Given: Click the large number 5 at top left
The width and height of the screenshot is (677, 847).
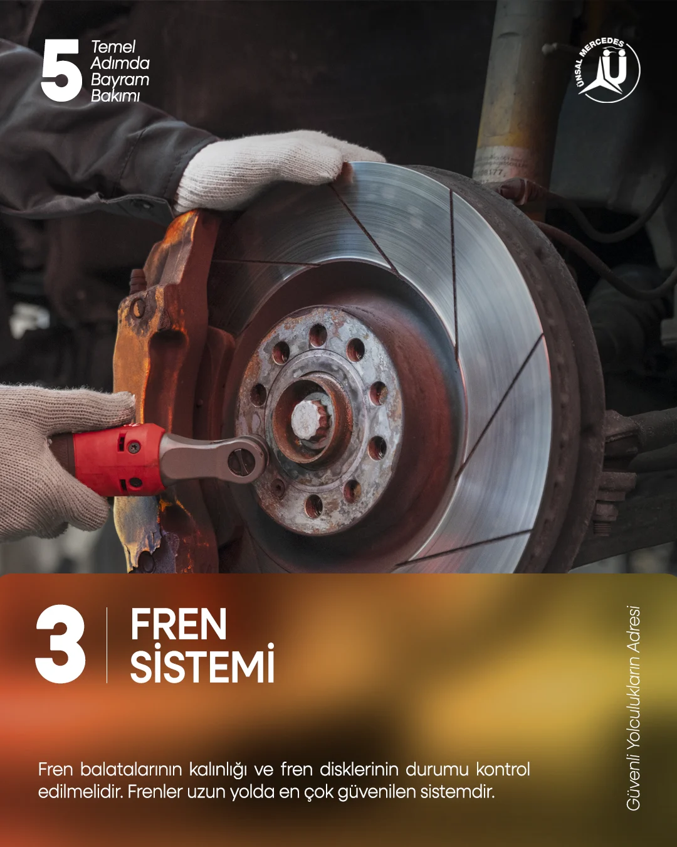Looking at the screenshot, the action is click(x=61, y=71).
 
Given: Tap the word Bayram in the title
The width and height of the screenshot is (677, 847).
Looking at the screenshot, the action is click(x=120, y=80).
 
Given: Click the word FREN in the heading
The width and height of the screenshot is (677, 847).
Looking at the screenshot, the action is click(x=179, y=625).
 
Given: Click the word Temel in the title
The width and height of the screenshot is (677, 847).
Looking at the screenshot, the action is click(x=113, y=47).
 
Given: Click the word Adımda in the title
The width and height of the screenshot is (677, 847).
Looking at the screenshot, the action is click(x=120, y=64).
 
